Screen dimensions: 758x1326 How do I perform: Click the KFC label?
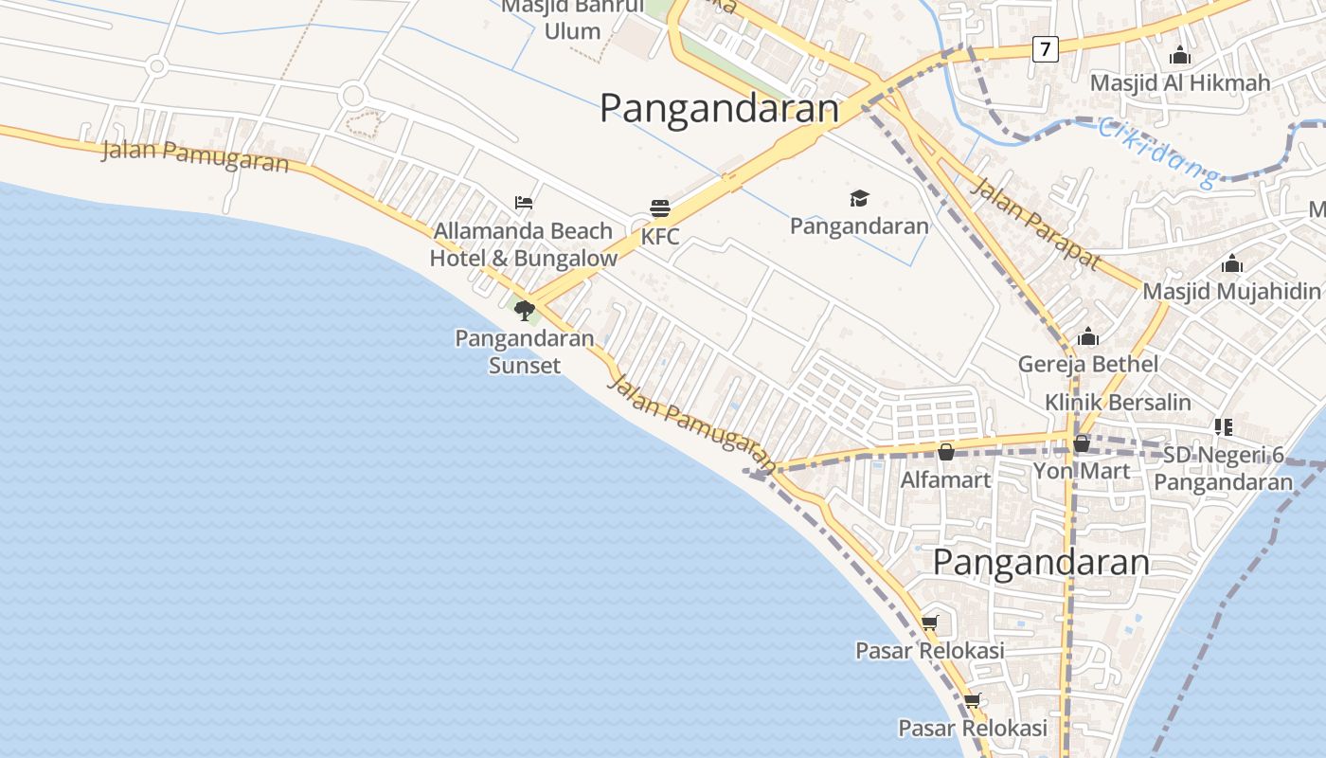tap(660, 237)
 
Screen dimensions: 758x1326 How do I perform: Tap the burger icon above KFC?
tap(660, 208)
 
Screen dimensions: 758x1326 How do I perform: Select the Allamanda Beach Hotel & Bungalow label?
tap(524, 244)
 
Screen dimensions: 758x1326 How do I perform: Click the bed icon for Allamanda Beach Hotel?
tap(524, 202)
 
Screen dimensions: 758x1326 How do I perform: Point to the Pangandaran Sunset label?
tap(525, 352)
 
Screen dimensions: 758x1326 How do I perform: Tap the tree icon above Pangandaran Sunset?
tap(524, 310)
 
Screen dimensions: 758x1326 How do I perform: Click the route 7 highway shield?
tap(1045, 49)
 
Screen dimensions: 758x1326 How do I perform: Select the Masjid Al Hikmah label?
tap(1180, 83)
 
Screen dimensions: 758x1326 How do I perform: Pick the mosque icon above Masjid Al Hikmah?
tap(1180, 55)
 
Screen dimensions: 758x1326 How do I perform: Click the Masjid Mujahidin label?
tap(1231, 291)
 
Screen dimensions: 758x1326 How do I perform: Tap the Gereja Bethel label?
tap(1088, 364)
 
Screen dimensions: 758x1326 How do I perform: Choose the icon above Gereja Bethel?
tap(1088, 336)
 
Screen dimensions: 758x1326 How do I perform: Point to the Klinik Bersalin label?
tap(1118, 403)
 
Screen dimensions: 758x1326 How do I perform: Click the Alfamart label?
tap(945, 479)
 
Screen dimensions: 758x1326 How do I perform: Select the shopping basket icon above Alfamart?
tap(945, 452)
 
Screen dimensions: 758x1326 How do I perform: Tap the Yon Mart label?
tap(1081, 471)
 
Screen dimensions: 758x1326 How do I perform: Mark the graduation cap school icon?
tap(859, 198)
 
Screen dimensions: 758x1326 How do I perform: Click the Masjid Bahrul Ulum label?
tap(573, 19)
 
